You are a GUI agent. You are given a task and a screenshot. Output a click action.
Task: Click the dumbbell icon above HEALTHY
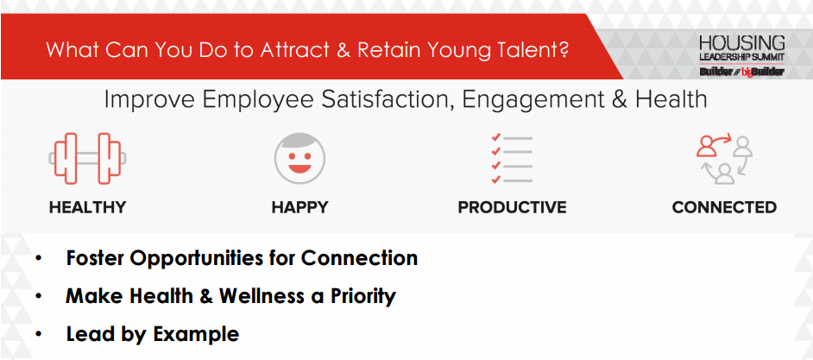click(87, 159)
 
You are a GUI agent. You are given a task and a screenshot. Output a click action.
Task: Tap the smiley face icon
click(299, 159)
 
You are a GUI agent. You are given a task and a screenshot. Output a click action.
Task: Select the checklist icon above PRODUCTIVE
click(512, 159)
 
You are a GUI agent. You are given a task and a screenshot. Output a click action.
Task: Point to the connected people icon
click(724, 159)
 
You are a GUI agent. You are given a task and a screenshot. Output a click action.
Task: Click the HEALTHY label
click(88, 207)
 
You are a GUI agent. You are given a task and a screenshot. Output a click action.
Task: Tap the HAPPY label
click(299, 207)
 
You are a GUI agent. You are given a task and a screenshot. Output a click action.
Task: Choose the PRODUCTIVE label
click(513, 207)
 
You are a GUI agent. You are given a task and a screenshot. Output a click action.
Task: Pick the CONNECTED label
click(724, 207)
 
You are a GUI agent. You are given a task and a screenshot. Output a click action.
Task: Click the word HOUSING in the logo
click(742, 43)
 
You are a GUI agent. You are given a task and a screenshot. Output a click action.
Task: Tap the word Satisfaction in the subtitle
click(382, 99)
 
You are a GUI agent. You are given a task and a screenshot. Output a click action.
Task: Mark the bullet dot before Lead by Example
click(39, 335)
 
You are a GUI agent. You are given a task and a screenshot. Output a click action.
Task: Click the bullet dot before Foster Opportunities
click(39, 258)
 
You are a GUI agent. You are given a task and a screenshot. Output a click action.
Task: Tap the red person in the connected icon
click(706, 146)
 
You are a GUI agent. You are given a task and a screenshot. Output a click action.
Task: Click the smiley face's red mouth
click(299, 168)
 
